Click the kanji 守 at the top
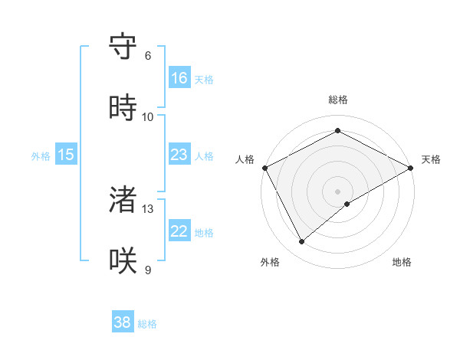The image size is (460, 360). tap(124, 47)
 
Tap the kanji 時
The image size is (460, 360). tap(124, 108)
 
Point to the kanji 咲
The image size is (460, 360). tap(124, 261)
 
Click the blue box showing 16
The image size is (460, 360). tap(179, 78)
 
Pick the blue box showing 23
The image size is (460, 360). tap(179, 155)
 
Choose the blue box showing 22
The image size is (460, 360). tap(179, 231)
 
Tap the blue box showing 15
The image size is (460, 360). tap(66, 155)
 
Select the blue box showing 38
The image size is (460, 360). tap(123, 322)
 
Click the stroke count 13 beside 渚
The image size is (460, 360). tap(148, 208)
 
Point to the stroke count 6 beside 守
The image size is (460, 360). tap(148, 56)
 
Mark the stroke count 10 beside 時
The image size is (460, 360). tap(148, 117)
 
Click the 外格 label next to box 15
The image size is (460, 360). tap(41, 156)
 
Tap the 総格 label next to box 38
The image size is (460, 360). tap(147, 324)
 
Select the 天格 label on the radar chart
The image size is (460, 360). tap(431, 159)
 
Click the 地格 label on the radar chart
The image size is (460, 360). tap(402, 262)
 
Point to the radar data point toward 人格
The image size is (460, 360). tap(264, 167)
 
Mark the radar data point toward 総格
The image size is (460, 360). tap(337, 130)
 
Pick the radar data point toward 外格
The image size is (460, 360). tap(302, 241)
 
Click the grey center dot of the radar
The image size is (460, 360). tap(337, 191)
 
